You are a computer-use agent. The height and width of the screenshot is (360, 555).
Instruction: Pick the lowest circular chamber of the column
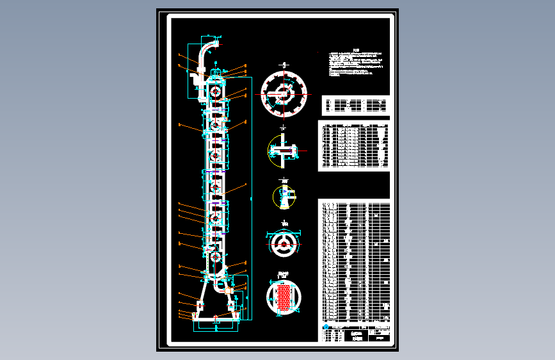215,258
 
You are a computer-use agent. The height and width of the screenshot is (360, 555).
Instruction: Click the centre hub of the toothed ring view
284,94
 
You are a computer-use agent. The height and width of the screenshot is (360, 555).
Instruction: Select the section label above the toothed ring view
284,65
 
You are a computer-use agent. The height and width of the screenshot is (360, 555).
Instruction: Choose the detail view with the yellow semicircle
282,151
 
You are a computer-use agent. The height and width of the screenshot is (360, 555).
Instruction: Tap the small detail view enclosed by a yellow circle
284,197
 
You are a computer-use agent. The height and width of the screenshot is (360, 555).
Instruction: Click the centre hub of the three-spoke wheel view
284,243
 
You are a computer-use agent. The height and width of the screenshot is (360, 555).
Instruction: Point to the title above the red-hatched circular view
283,274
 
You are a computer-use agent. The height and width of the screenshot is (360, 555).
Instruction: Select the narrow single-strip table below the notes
355,105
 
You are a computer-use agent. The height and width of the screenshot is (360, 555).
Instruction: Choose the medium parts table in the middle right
354,145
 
